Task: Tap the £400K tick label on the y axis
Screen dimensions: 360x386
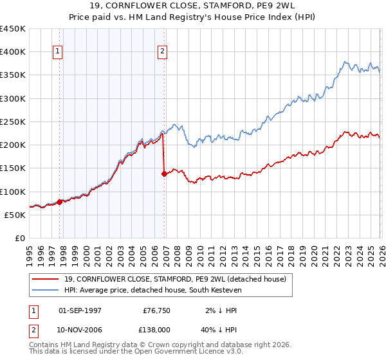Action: point(13,52)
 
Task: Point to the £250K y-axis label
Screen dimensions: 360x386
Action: point(13,122)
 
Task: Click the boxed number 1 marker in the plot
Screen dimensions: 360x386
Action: point(58,51)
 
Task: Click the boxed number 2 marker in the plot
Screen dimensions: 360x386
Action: point(162,51)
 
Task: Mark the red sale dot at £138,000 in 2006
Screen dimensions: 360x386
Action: point(164,174)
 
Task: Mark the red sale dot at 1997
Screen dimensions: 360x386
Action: point(60,202)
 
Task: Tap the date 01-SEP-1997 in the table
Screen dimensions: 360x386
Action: point(80,310)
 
